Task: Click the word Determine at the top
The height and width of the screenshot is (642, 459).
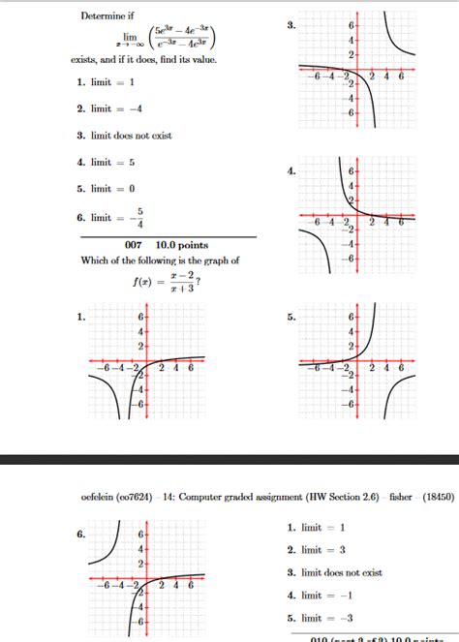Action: pyautogui.click(x=103, y=16)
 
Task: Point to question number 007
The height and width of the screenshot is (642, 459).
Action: pyautogui.click(x=133, y=246)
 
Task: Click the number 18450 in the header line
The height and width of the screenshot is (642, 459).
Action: pyautogui.click(x=434, y=497)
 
